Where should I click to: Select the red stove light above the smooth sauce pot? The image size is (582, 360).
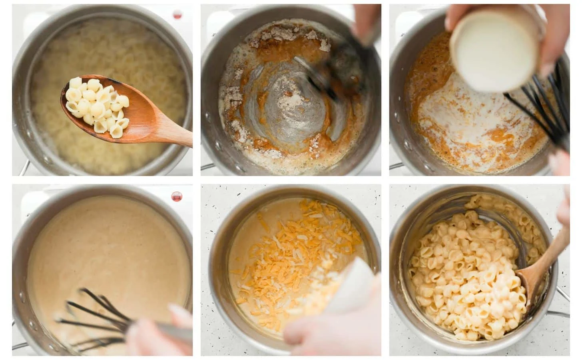(x=176, y=196)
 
